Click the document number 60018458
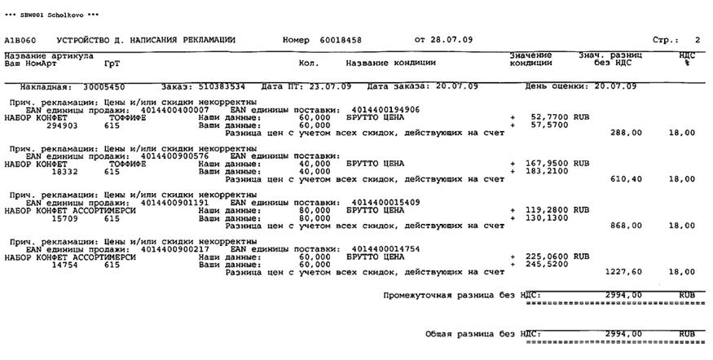[341, 39]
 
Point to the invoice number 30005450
[104, 86]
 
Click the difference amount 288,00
[625, 133]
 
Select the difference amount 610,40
[625, 179]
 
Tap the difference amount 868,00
[625, 226]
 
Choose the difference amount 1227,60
[623, 272]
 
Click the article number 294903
[62, 125]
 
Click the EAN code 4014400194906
[385, 109]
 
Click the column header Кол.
[309, 63]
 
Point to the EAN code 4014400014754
[385, 248]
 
